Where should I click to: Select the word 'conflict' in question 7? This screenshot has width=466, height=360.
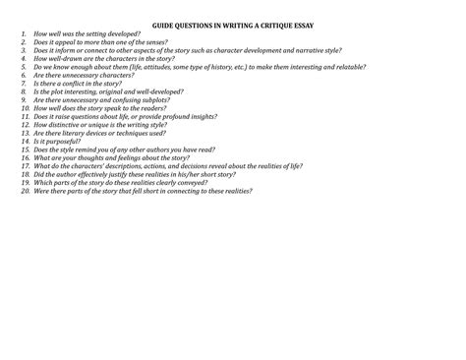click(x=86, y=84)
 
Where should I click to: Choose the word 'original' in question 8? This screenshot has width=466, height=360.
click(x=123, y=91)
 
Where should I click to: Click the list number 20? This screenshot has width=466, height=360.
click(x=25, y=190)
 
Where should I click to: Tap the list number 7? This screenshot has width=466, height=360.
click(x=25, y=84)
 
